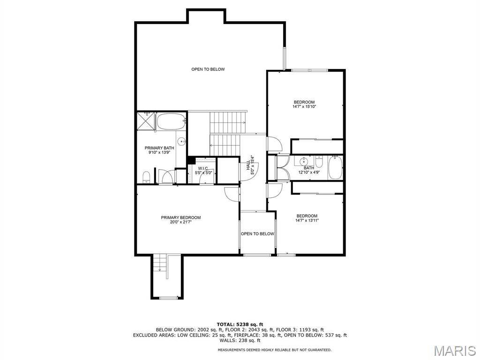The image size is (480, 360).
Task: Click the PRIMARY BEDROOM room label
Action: coord(181,217)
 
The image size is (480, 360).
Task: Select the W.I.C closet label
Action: coord(203,168)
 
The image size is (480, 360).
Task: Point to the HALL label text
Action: coord(247,165)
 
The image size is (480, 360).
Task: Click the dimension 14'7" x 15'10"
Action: coord(304,106)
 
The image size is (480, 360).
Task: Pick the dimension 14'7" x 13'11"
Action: coord(307,220)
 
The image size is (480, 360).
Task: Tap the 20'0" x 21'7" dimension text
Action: coord(181,222)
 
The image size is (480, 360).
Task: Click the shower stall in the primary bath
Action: coord(146,121)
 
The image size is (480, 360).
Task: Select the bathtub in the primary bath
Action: coord(172,121)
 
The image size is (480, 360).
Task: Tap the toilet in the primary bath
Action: coord(146,177)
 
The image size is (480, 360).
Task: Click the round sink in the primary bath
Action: coord(182,142)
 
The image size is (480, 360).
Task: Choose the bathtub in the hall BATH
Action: coord(335,167)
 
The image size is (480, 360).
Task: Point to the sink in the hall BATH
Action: coord(303,161)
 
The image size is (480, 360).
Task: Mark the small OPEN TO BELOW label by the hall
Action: coord(257,234)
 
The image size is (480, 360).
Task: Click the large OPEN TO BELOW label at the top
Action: coord(208,69)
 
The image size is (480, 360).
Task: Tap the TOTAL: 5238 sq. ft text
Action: coord(240,324)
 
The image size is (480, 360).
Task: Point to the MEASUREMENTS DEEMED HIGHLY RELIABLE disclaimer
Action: coord(274,350)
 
